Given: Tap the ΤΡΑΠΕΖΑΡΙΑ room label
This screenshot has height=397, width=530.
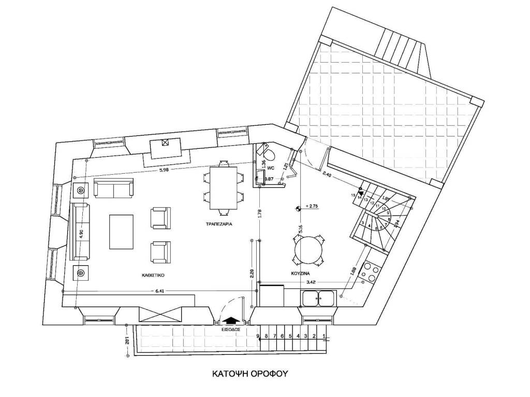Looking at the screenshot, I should click(217, 225).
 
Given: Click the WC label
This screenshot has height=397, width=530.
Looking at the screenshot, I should click(270, 169).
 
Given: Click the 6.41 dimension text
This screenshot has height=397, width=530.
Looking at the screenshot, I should click(161, 292).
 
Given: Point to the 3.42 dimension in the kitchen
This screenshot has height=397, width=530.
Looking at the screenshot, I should click(312, 282).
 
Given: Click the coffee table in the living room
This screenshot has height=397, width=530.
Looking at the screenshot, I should click(122, 232).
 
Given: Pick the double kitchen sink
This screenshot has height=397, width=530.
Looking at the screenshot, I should click(318, 298).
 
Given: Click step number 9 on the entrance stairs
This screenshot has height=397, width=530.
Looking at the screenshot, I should click(258, 337).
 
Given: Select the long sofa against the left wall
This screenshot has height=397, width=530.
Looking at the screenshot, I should click(81, 231).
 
